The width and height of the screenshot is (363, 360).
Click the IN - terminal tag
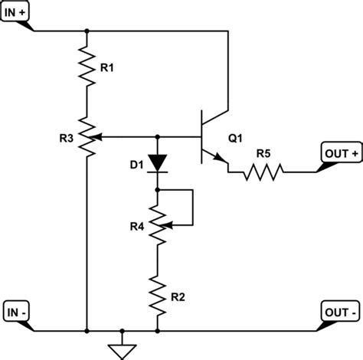[18, 312]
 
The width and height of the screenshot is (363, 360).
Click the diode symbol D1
[157, 162]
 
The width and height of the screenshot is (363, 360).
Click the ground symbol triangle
[121, 351]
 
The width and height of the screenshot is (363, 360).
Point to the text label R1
[108, 68]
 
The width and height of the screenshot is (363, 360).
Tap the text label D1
[136, 163]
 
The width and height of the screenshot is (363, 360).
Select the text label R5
[263, 153]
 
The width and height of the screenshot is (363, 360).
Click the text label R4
[135, 226]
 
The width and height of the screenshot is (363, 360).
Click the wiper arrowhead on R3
[100, 138]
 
